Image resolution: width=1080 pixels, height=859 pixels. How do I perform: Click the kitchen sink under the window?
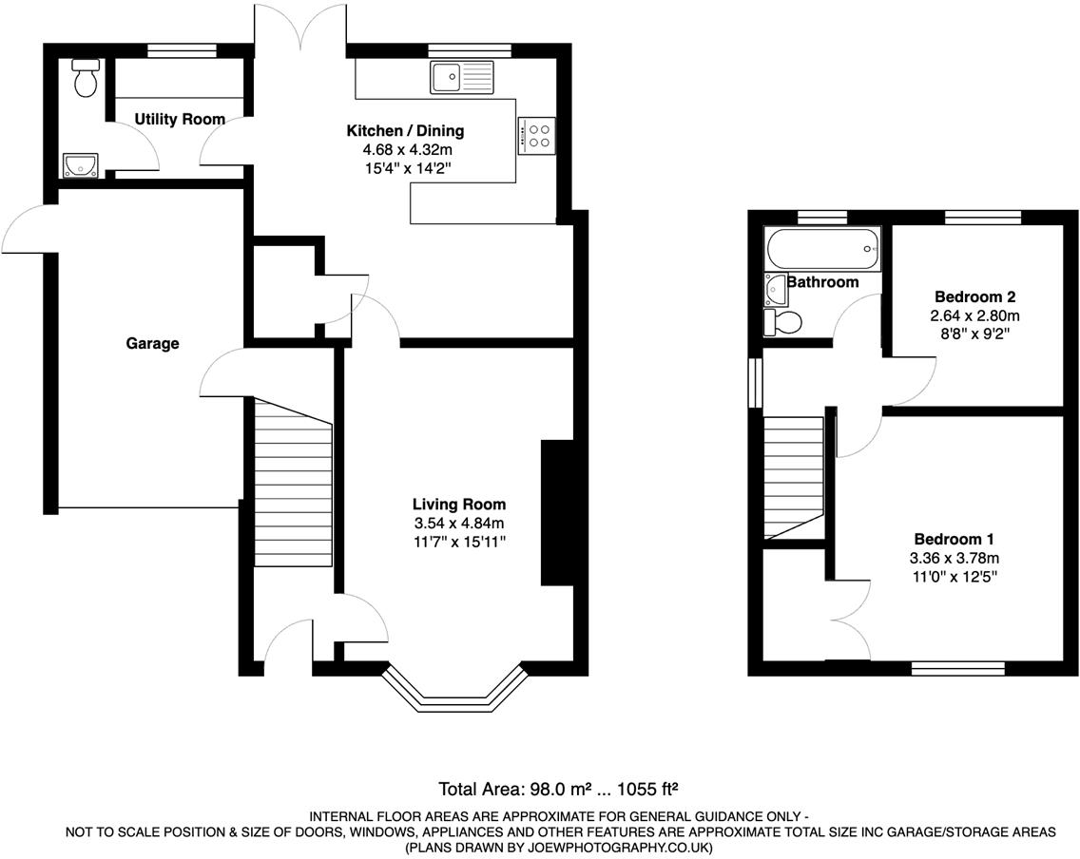tap(462, 77)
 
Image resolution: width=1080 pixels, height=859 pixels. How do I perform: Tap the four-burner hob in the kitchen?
tap(538, 135)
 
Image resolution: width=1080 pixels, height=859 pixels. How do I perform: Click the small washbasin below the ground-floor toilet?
tap(80, 166)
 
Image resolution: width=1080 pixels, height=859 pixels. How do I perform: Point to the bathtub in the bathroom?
tap(822, 248)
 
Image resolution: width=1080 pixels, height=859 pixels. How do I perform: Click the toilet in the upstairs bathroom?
tap(782, 323)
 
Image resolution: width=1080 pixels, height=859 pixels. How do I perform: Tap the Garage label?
tap(152, 344)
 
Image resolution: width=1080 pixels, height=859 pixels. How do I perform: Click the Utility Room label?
tap(180, 120)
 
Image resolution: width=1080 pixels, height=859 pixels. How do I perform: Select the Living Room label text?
tap(458, 505)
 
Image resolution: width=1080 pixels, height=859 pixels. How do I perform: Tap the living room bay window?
tap(454, 692)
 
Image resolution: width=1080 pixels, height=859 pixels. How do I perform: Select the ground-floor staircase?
tap(292, 485)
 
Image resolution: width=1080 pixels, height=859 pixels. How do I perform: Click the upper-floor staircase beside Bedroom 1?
tap(794, 475)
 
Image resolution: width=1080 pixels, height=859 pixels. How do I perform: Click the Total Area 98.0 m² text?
tap(515, 789)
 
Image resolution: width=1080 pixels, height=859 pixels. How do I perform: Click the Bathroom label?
tap(822, 282)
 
